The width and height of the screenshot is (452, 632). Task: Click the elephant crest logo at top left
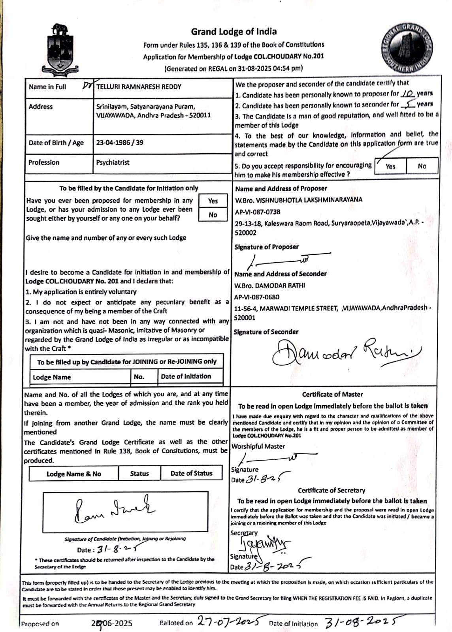point(60,49)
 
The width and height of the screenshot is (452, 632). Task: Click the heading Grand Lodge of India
point(234,32)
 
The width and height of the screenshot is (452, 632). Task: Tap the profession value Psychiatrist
point(113,162)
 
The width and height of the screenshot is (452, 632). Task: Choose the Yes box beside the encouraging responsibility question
point(390,166)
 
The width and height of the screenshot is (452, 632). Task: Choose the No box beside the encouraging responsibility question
point(422,166)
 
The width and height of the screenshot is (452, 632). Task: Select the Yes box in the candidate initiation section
point(213,201)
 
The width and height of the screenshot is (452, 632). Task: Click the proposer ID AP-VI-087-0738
point(258,212)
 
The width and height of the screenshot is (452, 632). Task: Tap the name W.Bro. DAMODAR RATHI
point(269,286)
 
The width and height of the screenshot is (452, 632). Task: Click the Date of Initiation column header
point(186,376)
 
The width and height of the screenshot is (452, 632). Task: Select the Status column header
point(139,474)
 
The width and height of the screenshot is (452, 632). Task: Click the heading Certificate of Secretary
point(331,491)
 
